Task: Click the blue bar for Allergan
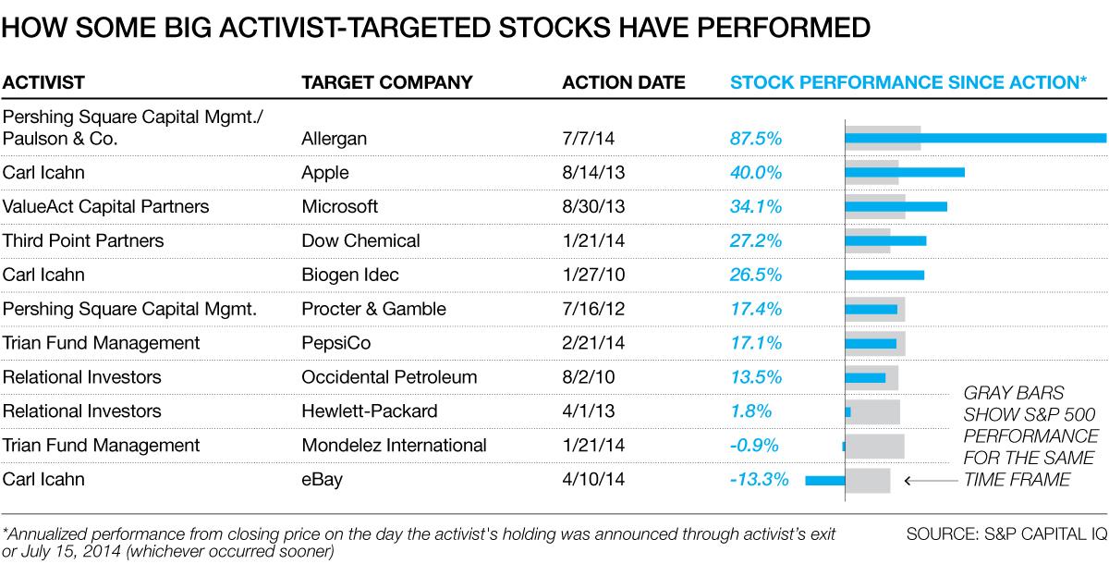(x=976, y=138)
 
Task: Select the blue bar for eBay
(x=825, y=480)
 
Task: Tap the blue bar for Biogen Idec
(x=884, y=275)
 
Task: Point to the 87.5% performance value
(x=756, y=138)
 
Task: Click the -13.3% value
(x=759, y=479)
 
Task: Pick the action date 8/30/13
(x=593, y=206)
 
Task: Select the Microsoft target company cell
(x=340, y=206)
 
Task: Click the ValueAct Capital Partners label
(x=105, y=206)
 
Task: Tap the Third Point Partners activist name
(x=83, y=240)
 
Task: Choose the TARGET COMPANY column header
(x=387, y=82)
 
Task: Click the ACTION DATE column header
(x=624, y=82)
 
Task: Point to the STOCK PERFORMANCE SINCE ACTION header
(x=908, y=82)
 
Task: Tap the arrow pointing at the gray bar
(x=931, y=480)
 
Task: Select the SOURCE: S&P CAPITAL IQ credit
(x=1006, y=533)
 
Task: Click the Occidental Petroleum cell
(x=389, y=377)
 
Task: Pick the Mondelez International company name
(x=394, y=445)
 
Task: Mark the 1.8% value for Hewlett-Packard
(x=751, y=411)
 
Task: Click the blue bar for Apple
(x=905, y=172)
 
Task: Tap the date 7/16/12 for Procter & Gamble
(x=593, y=309)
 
